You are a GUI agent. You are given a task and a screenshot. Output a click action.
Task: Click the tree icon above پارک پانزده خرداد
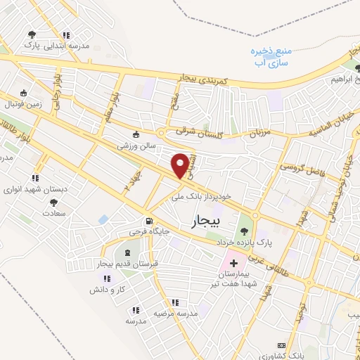click(x=244, y=231)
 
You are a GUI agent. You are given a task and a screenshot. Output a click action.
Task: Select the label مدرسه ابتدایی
click(x=67, y=46)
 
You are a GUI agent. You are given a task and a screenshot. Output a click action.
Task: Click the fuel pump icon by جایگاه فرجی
click(x=148, y=220)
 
